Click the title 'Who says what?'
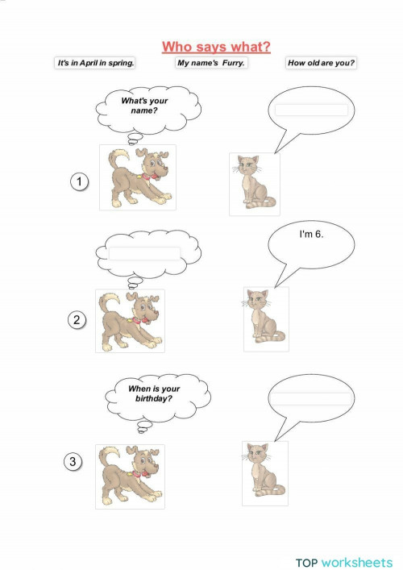[x=215, y=47]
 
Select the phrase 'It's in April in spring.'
[x=94, y=63]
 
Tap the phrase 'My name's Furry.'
[x=212, y=63]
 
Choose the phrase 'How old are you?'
[x=321, y=63]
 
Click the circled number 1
[x=78, y=182]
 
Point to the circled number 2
[x=77, y=320]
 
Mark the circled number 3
[x=73, y=462]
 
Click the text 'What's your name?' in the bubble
[x=143, y=106]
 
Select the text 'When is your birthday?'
[x=155, y=393]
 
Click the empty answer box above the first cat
[x=311, y=110]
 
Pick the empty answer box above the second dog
[x=144, y=253]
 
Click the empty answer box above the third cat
[x=310, y=399]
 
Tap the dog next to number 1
[x=137, y=177]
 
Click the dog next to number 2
[x=130, y=321]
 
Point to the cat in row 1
[x=254, y=184]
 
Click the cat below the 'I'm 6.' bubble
[x=265, y=318]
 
